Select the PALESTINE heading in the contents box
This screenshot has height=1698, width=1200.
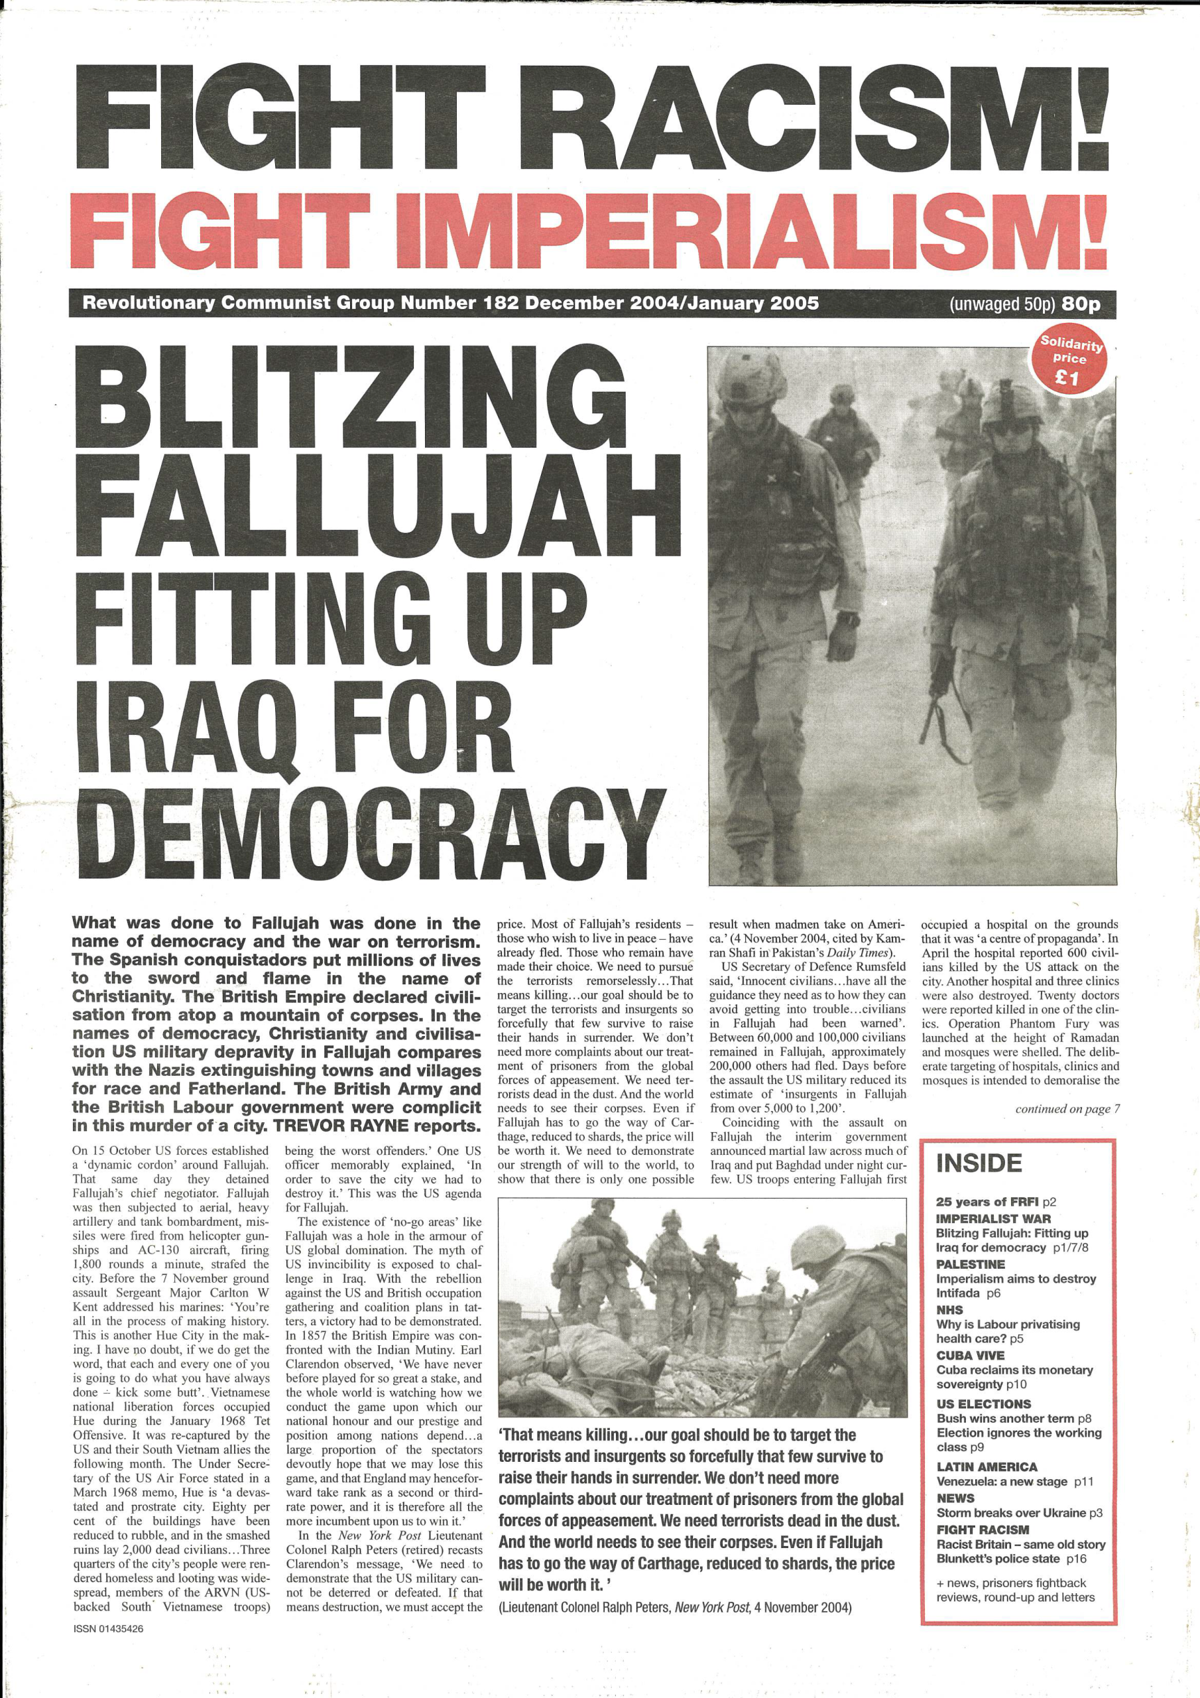(x=970, y=1265)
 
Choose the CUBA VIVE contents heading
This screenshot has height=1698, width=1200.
(x=970, y=1356)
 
